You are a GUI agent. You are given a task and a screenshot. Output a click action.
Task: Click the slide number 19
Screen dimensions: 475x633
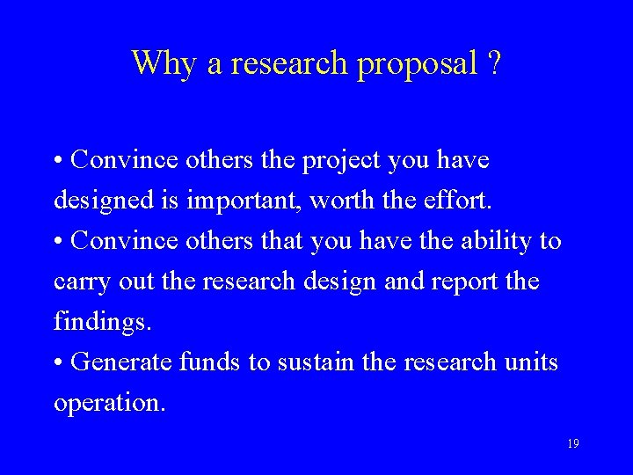pyautogui.click(x=572, y=444)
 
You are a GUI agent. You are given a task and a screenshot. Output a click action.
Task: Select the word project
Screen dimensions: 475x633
pyautogui.click(x=341, y=162)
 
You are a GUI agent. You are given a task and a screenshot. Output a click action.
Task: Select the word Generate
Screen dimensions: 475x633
pyautogui.click(x=121, y=362)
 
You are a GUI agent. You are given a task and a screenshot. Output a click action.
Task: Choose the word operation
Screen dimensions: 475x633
pyautogui.click(x=109, y=403)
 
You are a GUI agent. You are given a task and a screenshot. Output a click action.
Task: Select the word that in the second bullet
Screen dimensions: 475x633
pyautogui.click(x=282, y=241)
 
